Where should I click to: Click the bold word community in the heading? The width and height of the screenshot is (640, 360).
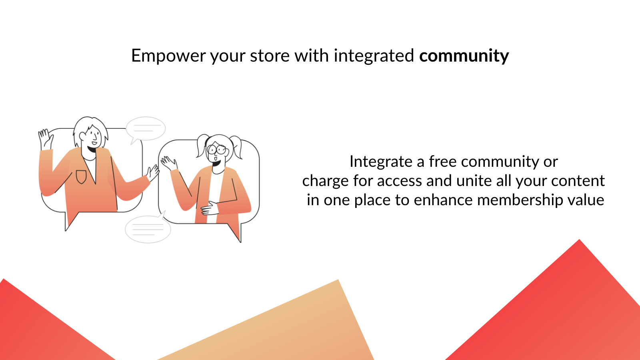[x=464, y=56]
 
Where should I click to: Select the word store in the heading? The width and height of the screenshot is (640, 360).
[x=270, y=56]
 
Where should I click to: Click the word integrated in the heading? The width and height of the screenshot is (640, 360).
[x=374, y=56]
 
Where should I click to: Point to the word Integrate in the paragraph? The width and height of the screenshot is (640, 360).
[x=380, y=162]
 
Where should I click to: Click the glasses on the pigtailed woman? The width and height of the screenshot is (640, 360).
[x=217, y=150]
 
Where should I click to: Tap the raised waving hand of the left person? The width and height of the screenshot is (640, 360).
[x=45, y=138]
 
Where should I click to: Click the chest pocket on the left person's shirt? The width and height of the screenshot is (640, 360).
[x=81, y=176]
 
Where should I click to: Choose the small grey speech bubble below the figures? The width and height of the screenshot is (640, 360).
[x=148, y=229]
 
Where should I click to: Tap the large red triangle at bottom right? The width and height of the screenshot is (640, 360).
[x=568, y=312]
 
